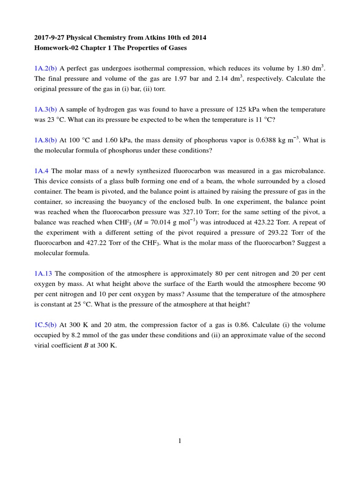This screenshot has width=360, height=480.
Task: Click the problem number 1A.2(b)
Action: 45,68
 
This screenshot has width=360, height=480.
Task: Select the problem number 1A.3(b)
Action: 45,109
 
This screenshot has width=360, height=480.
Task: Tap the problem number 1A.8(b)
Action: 45,140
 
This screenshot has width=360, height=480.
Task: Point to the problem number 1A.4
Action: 41,171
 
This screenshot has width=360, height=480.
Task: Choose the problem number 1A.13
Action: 43,274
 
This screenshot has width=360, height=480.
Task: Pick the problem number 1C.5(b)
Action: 45,325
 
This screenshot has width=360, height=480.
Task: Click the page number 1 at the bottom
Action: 180,441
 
